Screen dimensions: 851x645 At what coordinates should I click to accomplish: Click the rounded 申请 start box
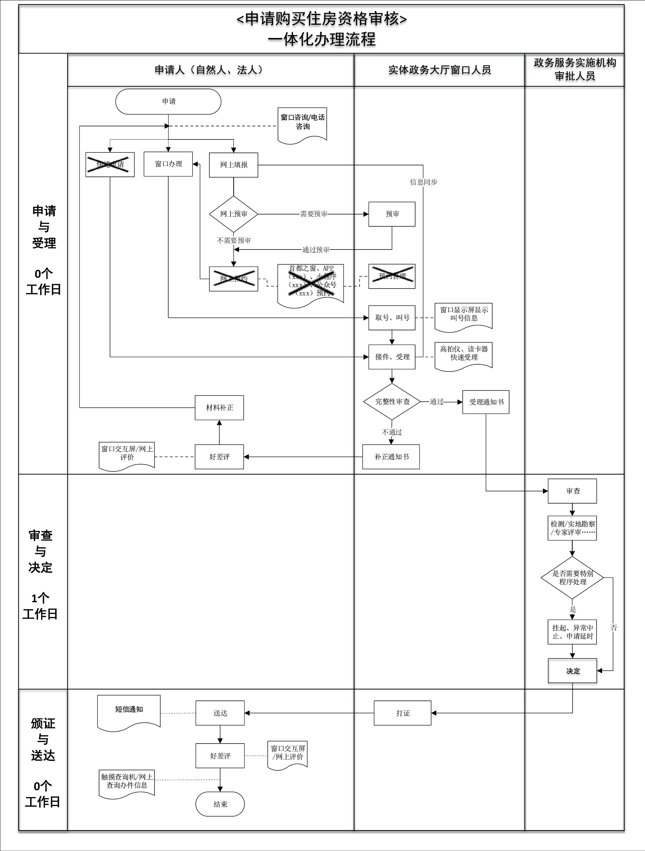168,102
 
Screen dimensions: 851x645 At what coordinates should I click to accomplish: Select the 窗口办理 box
168,164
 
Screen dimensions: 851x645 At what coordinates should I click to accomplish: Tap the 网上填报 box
233,165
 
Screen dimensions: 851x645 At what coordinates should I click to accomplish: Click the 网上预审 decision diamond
233,214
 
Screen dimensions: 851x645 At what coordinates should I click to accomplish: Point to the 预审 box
392,214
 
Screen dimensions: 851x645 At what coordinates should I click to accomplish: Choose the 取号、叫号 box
392,318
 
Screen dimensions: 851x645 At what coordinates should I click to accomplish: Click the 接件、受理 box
392,357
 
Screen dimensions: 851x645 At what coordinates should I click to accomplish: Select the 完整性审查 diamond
392,402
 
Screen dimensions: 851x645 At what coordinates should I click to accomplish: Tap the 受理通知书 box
486,402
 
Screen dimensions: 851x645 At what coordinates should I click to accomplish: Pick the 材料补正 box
219,408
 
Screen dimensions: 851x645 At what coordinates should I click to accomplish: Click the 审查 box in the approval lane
572,491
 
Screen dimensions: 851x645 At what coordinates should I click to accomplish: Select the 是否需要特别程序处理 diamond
572,578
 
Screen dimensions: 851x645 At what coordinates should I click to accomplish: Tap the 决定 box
572,671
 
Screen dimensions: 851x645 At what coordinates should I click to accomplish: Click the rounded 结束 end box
220,804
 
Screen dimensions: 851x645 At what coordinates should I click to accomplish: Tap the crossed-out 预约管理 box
392,276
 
